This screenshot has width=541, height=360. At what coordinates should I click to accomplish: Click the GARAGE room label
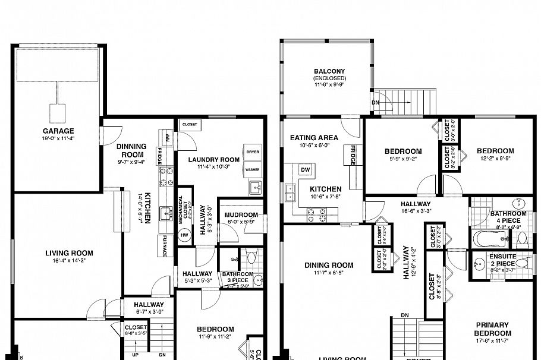[58, 131]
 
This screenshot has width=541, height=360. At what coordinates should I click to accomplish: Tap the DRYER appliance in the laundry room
[252, 152]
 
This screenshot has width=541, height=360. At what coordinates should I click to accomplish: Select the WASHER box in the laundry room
[252, 169]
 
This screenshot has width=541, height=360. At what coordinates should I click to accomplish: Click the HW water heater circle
[184, 235]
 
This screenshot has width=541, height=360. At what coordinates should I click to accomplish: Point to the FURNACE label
[165, 246]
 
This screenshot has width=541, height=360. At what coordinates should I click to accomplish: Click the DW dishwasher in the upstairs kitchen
[306, 170]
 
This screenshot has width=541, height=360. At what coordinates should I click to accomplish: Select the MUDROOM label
[242, 215]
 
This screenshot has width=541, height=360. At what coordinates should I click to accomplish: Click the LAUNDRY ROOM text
[214, 160]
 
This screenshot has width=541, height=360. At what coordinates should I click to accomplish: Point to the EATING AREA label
[314, 138]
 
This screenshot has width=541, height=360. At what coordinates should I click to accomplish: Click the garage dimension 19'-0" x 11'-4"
[58, 139]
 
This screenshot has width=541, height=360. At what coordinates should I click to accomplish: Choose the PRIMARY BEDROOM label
[492, 329]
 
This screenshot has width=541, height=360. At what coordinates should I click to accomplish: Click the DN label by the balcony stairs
[376, 102]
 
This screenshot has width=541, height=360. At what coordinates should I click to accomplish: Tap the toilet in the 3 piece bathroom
[251, 258]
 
